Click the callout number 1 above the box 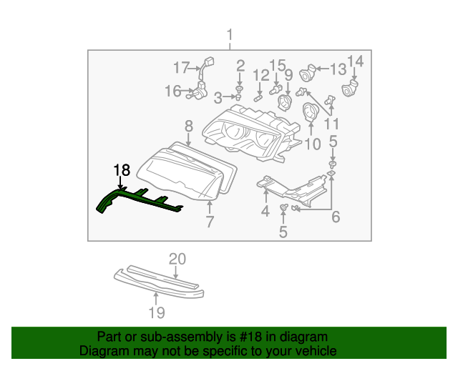click(230, 34)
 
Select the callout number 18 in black click(122, 170)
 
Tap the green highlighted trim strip click(136, 198)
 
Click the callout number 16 click(173, 91)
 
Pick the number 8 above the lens click(189, 127)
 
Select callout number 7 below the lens click(210, 222)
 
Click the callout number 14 click(356, 61)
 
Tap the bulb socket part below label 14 click(350, 90)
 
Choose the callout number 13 click(338, 69)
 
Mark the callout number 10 click(313, 145)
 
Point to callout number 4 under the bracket click(265, 211)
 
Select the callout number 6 click(335, 217)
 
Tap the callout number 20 click(177, 259)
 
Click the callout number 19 click(157, 312)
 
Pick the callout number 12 click(260, 74)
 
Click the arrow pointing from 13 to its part click(321, 70)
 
